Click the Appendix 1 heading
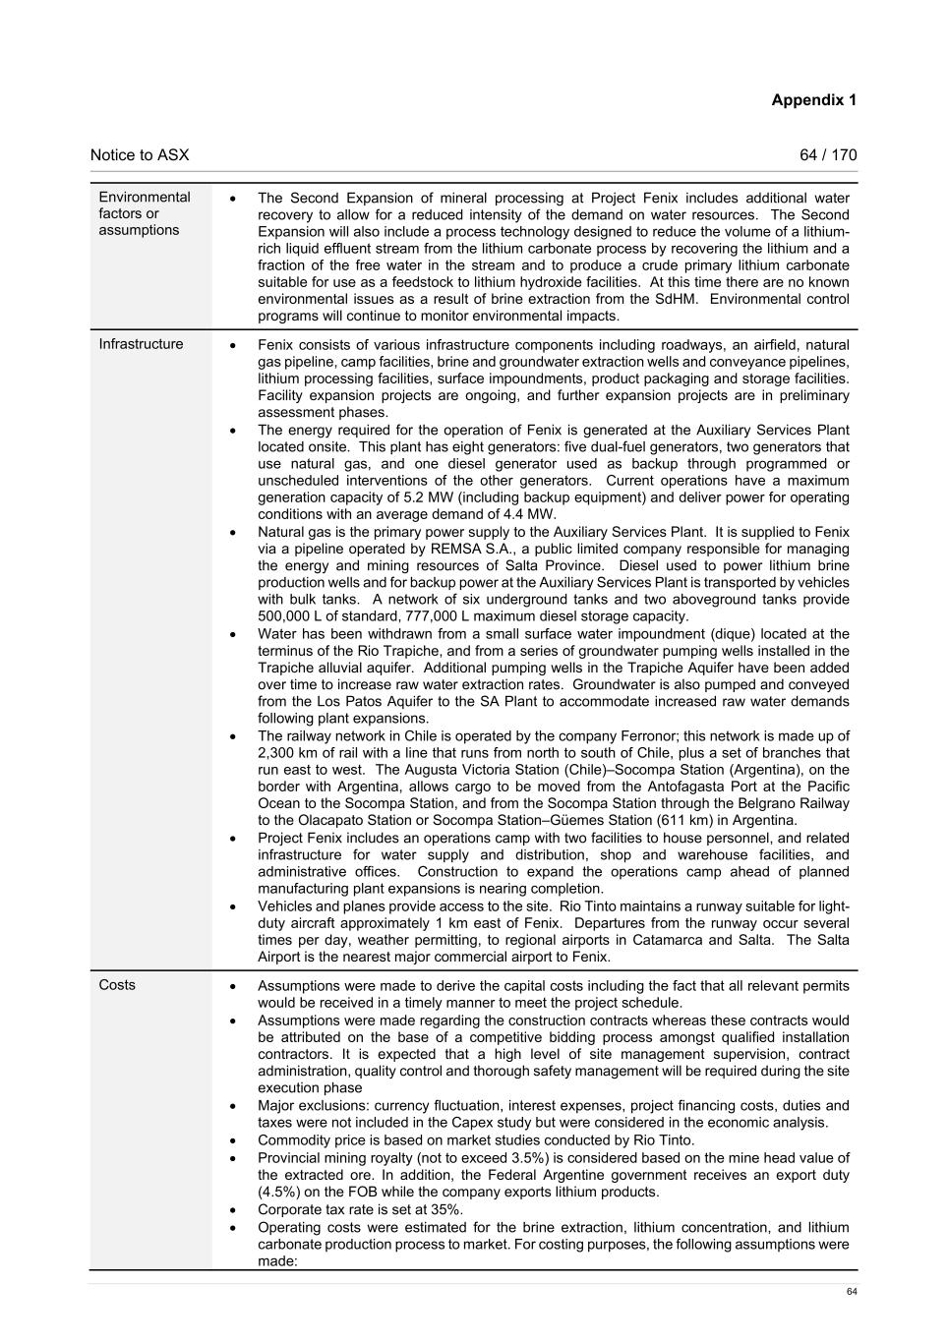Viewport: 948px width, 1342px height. (813, 100)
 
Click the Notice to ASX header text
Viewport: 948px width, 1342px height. (140, 155)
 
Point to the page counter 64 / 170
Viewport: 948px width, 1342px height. (828, 155)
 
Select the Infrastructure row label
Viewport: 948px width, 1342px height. (141, 344)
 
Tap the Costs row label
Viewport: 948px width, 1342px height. (117, 985)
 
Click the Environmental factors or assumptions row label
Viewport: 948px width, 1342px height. (144, 213)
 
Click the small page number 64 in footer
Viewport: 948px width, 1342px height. (852, 1292)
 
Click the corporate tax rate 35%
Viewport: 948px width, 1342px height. (444, 1209)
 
